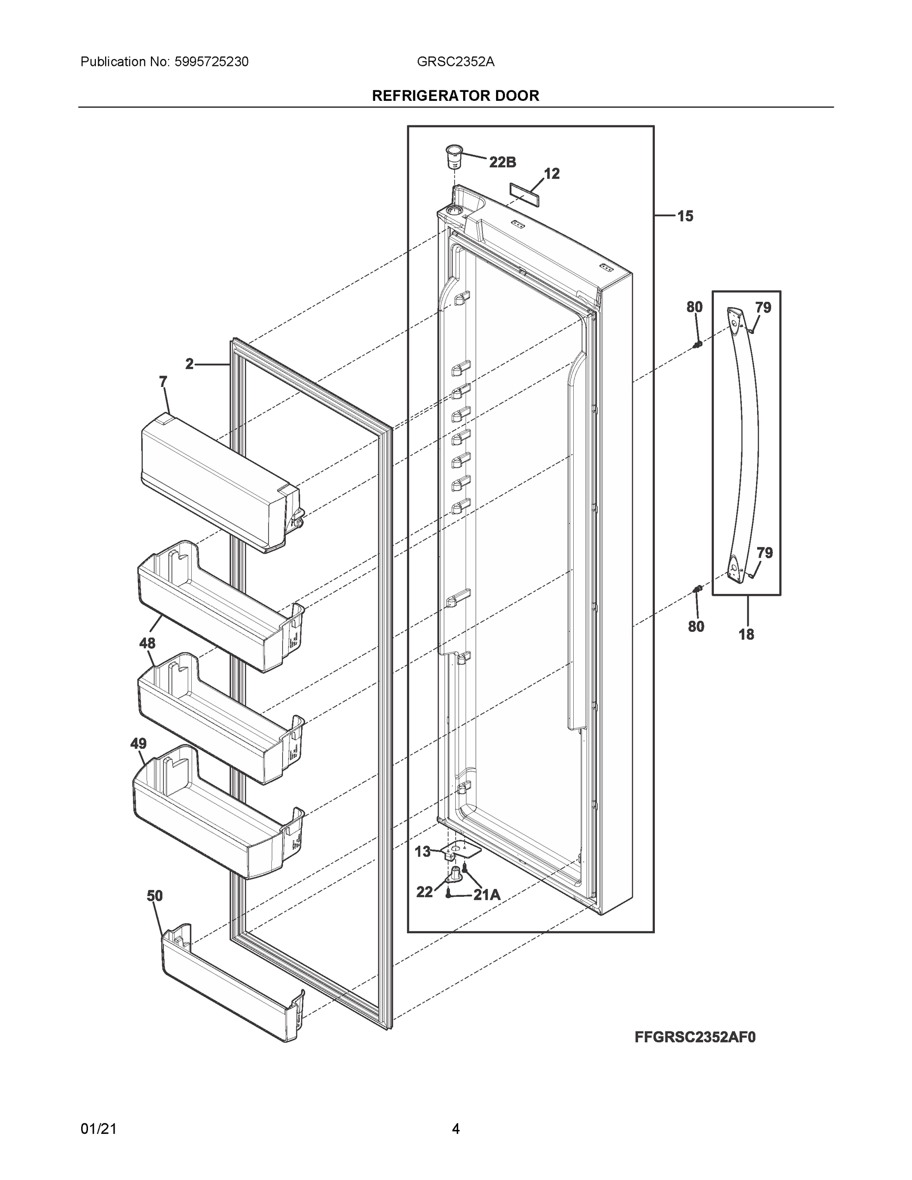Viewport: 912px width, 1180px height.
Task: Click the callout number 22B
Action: (502, 162)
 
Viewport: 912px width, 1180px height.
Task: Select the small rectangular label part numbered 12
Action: (525, 194)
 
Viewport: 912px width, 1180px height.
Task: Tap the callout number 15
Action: (685, 216)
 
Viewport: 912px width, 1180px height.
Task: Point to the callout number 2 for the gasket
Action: (189, 364)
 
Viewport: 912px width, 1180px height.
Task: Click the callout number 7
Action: (163, 382)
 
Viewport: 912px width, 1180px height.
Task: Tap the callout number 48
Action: (147, 643)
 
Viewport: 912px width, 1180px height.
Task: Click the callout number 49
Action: (138, 744)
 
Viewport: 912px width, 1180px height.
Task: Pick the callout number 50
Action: (154, 896)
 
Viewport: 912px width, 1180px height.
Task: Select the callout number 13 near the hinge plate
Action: (422, 852)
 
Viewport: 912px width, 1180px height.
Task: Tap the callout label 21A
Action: (487, 895)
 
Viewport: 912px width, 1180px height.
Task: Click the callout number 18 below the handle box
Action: (746, 634)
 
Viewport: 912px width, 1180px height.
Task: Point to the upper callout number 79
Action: (763, 308)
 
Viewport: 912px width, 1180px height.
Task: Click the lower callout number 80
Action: (696, 626)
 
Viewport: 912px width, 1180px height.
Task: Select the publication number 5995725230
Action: (211, 62)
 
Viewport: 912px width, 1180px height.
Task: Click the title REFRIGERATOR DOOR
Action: (455, 96)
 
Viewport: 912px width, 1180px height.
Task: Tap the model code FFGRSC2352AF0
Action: (695, 1037)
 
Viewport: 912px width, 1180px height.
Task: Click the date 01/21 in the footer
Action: (98, 1129)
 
